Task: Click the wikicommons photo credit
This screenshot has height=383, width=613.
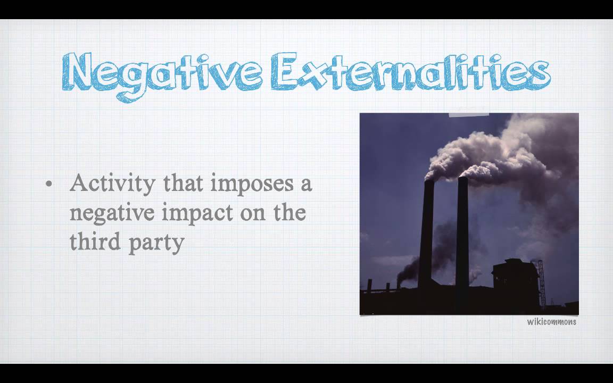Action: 551,322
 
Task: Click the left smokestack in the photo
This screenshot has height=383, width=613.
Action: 426,234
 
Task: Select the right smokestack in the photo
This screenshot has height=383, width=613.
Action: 462,234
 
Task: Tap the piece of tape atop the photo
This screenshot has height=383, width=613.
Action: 469,112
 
